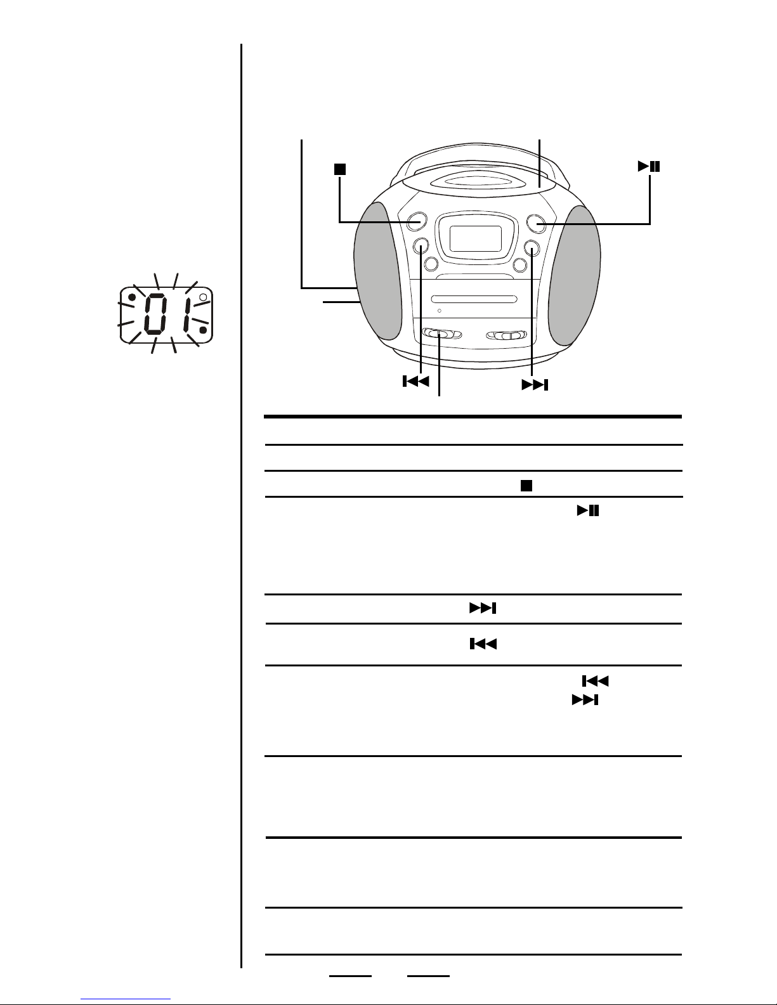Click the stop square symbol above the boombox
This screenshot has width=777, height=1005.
coord(340,169)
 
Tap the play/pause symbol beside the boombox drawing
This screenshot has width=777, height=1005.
coord(649,167)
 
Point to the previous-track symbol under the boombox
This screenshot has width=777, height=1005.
coord(416,381)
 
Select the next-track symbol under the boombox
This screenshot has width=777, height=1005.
coord(535,385)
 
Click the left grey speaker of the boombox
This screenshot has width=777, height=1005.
coord(377,276)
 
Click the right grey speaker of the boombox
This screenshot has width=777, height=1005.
coord(574,276)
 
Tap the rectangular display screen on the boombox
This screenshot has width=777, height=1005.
coord(476,238)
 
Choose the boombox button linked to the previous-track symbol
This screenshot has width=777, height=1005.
coord(421,245)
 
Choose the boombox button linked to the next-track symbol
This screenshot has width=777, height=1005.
coord(532,249)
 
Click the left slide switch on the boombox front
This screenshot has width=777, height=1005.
coord(442,334)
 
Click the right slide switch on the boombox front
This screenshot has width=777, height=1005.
coord(506,335)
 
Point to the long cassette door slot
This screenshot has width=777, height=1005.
coord(474,299)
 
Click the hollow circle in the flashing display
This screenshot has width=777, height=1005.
coord(202,297)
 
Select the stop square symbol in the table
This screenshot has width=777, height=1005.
coord(526,486)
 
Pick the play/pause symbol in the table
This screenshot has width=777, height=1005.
coord(588,510)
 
